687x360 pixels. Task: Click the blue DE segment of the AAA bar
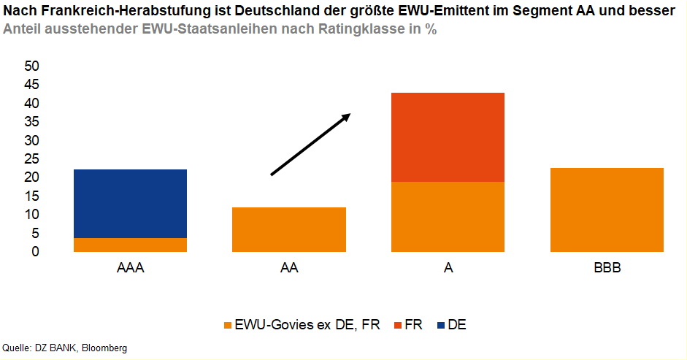[131, 203]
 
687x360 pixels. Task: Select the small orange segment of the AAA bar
[131, 245]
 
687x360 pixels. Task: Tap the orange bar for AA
[289, 229]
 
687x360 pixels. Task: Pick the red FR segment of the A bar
[448, 137]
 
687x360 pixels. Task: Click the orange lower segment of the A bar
[448, 216]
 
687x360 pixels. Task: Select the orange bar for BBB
[607, 210]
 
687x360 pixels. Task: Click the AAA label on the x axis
[131, 268]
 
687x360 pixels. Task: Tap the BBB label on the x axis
[607, 268]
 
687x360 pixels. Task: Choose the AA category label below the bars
[289, 268]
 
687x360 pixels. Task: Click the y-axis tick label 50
[31, 66]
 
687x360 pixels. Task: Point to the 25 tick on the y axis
[31, 159]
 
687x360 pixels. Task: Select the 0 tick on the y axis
[35, 252]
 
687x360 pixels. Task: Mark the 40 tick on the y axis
[31, 104]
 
